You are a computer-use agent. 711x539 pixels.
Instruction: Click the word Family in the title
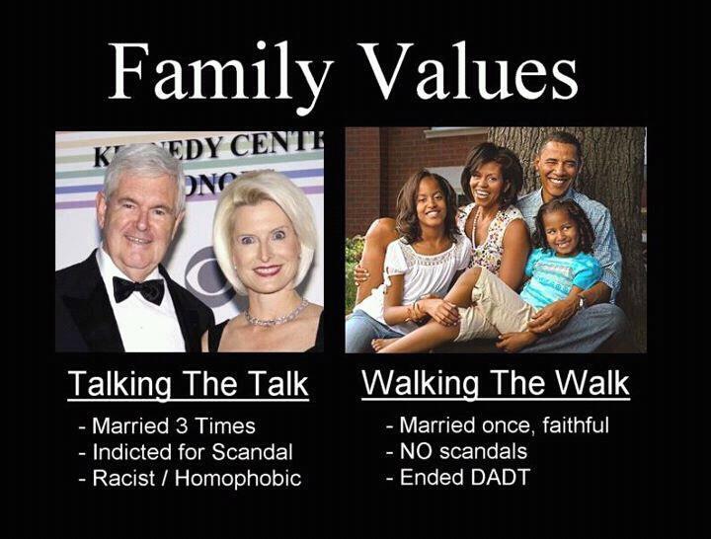(x=219, y=72)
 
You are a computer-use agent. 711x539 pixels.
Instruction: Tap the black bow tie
(x=138, y=289)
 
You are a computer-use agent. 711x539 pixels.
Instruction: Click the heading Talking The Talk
(x=188, y=385)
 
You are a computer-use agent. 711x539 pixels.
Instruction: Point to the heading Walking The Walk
(x=496, y=384)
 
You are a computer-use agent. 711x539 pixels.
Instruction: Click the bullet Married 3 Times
(x=167, y=426)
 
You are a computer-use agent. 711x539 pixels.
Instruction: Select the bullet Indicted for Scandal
(x=186, y=452)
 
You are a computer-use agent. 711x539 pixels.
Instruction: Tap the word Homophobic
(x=238, y=478)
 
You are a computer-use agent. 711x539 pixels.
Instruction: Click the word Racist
(x=123, y=478)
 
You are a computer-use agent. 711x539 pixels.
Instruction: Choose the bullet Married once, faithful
(x=498, y=425)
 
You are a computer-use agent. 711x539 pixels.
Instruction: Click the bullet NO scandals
(x=456, y=451)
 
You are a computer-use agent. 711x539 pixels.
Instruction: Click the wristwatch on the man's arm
(x=582, y=302)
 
